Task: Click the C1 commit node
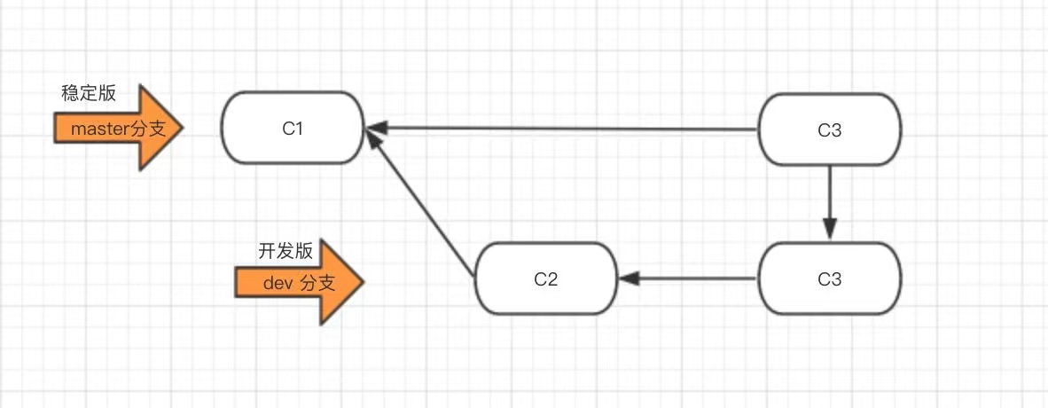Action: click(x=293, y=129)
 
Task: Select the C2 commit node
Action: click(x=545, y=279)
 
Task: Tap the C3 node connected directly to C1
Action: click(x=830, y=130)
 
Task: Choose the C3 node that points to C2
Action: click(x=830, y=279)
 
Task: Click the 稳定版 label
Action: click(x=89, y=93)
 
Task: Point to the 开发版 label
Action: click(x=285, y=251)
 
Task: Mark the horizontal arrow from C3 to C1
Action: click(x=567, y=129)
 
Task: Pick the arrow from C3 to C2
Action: click(x=692, y=279)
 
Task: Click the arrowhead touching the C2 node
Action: click(x=628, y=279)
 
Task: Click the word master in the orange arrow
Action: click(x=99, y=129)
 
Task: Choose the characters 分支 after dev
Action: click(x=318, y=284)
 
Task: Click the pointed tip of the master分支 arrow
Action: click(x=181, y=129)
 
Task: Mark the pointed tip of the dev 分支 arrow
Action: click(x=363, y=283)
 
